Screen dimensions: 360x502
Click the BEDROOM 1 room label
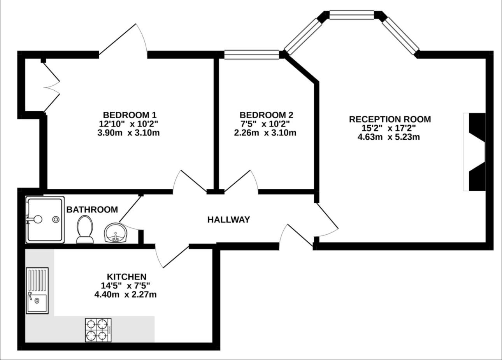129,115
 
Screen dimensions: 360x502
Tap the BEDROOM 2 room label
266,115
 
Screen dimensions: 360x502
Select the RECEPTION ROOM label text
390,119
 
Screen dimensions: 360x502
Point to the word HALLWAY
228,220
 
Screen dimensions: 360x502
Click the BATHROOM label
92,210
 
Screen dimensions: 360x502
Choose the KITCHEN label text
126,277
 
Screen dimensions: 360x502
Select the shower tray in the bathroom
44,220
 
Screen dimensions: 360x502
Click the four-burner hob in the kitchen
98,330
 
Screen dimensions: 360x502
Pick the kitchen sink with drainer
37,290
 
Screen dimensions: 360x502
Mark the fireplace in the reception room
476,152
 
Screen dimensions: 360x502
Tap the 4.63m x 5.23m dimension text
389,137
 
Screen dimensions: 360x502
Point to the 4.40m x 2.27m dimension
125,295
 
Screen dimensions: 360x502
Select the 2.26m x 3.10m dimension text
265,133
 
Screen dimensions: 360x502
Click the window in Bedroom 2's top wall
252,54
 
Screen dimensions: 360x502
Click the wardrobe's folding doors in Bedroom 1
51,87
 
